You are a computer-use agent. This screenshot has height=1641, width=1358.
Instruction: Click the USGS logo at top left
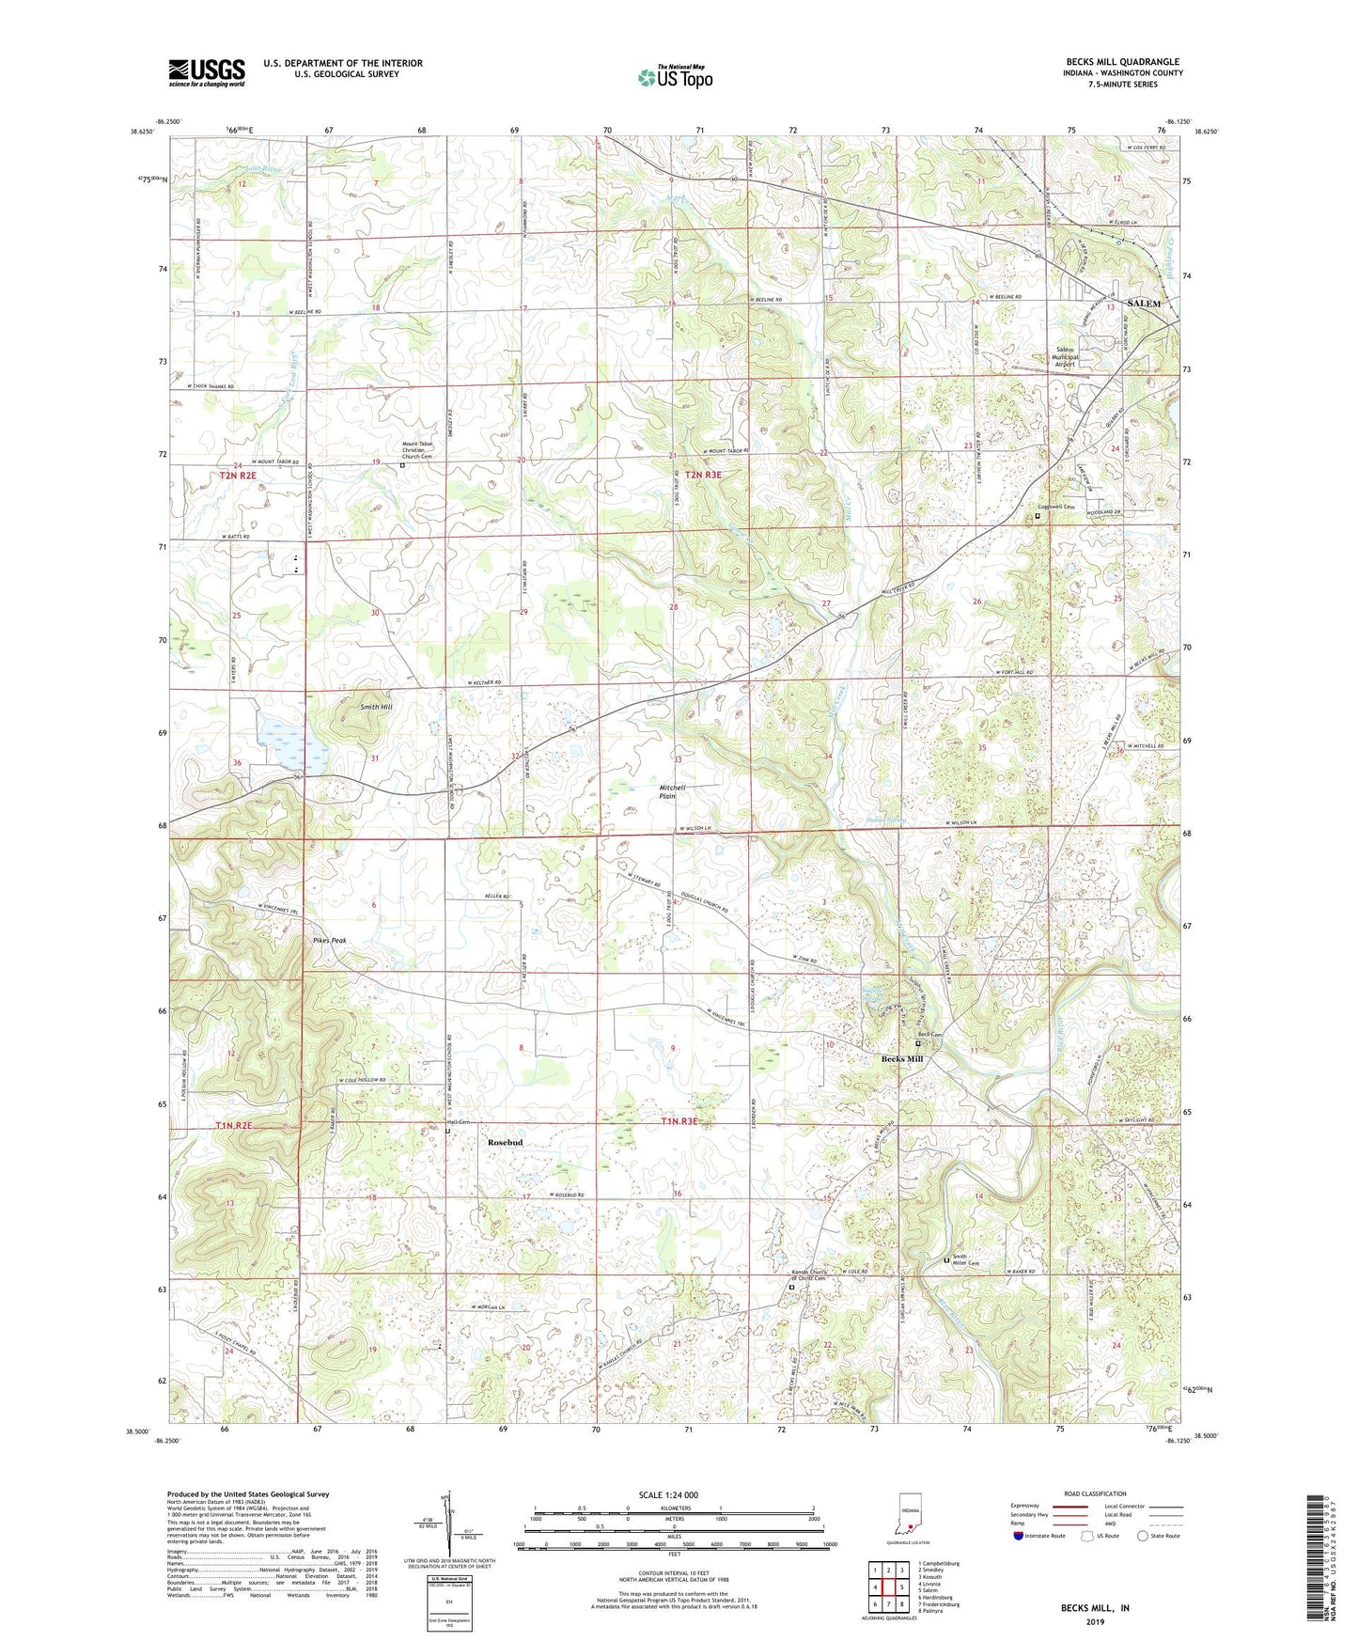207,72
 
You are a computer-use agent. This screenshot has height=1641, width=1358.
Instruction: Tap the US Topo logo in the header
675,77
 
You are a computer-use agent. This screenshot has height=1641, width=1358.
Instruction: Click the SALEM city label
1144,304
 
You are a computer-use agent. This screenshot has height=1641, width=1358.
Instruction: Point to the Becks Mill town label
901,1059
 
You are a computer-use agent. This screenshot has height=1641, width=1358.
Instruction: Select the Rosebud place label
505,1142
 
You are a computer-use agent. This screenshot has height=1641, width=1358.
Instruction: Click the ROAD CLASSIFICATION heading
1095,1493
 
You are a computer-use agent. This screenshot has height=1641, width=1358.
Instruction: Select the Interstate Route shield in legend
1018,1536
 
